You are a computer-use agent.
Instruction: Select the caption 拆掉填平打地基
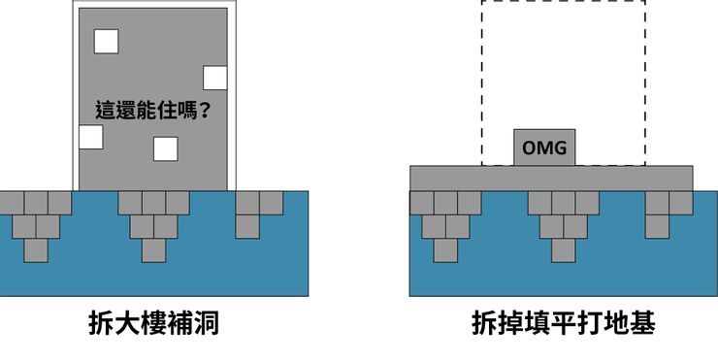(x=563, y=323)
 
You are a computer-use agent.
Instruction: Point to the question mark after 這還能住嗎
(x=206, y=111)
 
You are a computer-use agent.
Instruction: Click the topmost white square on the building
(x=105, y=42)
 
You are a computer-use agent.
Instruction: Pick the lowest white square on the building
(x=166, y=148)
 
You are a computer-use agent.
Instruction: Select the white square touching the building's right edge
(x=215, y=78)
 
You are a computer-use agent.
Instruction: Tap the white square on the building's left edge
(x=91, y=137)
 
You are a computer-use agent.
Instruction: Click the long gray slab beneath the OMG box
(x=551, y=178)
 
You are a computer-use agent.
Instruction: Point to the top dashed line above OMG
(x=563, y=2)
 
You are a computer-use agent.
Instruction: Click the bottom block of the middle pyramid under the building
(x=153, y=249)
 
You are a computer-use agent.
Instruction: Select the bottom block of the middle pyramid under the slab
(x=563, y=249)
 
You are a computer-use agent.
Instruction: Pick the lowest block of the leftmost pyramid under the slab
(x=445, y=249)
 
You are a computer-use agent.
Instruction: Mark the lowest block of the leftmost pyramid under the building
(x=36, y=249)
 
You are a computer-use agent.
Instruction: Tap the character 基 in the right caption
(x=640, y=323)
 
